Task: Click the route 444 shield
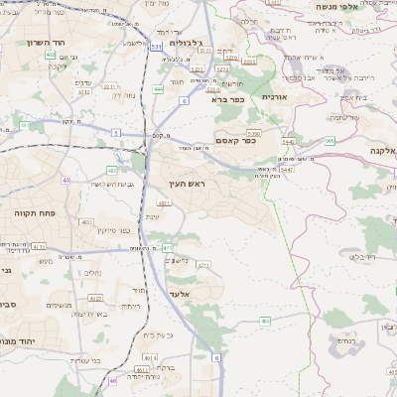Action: click(158, 89)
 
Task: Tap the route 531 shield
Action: click(159, 47)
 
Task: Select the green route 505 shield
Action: click(329, 141)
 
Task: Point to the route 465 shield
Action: click(265, 321)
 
